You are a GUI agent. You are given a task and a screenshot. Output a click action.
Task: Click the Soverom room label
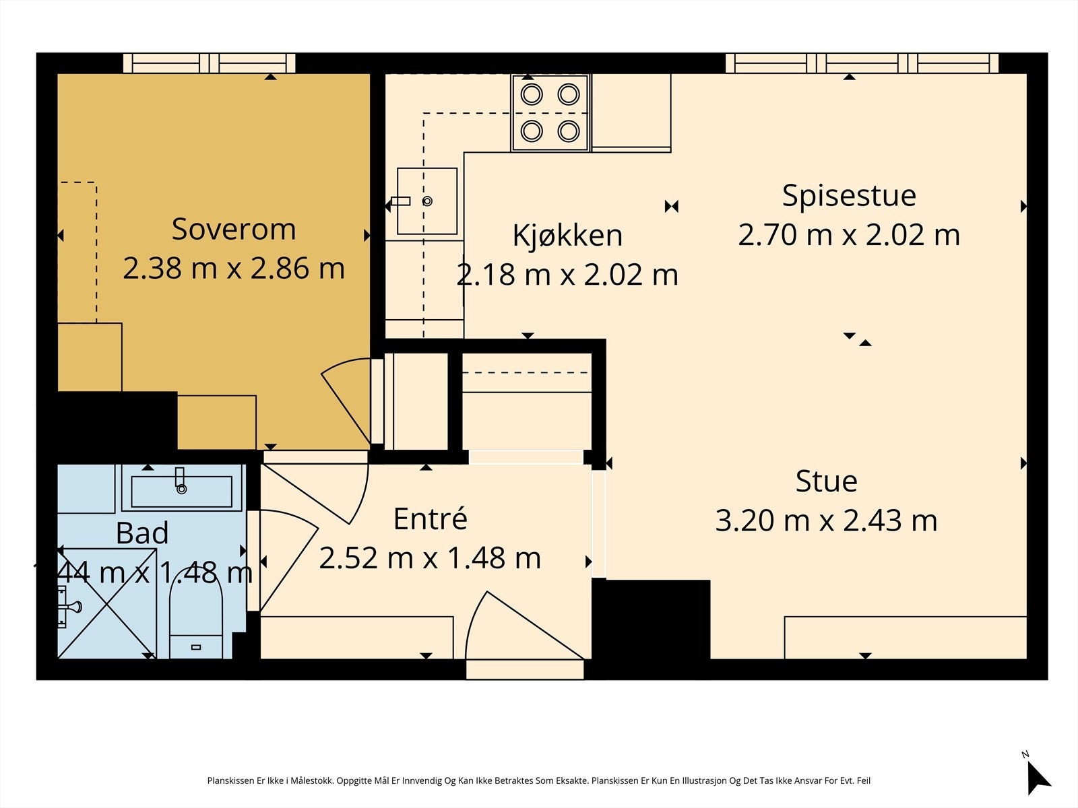pyautogui.click(x=234, y=229)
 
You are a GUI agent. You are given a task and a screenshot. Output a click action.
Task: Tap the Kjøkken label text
pyautogui.click(x=567, y=236)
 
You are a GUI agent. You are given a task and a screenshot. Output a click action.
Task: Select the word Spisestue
pyautogui.click(x=849, y=196)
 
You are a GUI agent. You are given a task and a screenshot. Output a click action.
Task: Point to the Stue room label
pyautogui.click(x=827, y=481)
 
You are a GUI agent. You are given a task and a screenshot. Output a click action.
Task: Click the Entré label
pyautogui.click(x=431, y=518)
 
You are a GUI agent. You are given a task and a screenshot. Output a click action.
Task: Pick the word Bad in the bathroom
pyautogui.click(x=142, y=533)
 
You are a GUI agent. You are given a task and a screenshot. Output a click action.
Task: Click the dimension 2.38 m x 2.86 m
pyautogui.click(x=234, y=269)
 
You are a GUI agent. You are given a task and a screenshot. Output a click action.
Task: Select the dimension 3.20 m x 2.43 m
pyautogui.click(x=826, y=520)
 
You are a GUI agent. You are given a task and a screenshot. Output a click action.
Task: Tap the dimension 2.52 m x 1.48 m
pyautogui.click(x=431, y=558)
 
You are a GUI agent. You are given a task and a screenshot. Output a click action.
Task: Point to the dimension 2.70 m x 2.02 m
pyautogui.click(x=849, y=235)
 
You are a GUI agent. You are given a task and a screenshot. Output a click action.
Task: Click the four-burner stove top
pyautogui.click(x=550, y=113)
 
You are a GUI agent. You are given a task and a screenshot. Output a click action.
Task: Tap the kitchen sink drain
pyautogui.click(x=427, y=201)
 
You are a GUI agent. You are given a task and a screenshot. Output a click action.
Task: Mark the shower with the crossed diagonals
pyautogui.click(x=107, y=603)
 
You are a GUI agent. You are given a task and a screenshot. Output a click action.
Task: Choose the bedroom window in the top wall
pyautogui.click(x=210, y=63)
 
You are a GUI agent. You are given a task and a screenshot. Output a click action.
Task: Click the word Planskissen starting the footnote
pyautogui.click(x=231, y=780)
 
